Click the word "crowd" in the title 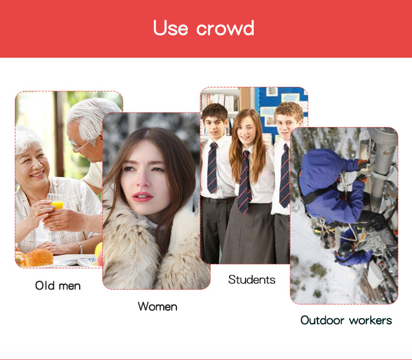(x=226, y=28)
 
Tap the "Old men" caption (x=58, y=286)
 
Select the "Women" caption (x=157, y=306)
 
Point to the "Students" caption (x=252, y=279)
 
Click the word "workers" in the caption (x=372, y=320)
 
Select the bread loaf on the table (x=36, y=257)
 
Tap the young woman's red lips (x=142, y=196)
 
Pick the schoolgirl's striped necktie (x=244, y=181)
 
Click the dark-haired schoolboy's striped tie (x=213, y=168)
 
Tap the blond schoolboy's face (x=286, y=122)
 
